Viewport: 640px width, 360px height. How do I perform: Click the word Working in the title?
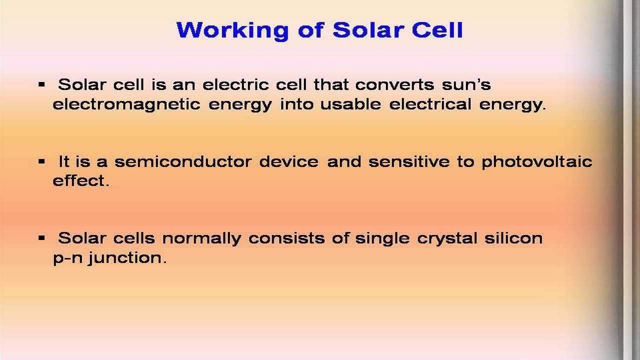[232, 30]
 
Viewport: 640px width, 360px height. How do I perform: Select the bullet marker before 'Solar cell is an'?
[41, 84]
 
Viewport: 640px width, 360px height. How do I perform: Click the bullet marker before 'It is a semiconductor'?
[41, 161]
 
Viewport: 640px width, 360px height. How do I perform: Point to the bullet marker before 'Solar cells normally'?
[41, 237]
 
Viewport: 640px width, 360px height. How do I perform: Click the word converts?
[395, 85]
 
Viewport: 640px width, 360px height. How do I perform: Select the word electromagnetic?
[126, 105]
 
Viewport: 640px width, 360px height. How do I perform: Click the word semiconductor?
[183, 161]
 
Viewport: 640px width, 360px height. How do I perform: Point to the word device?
[289, 161]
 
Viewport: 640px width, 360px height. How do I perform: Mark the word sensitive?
[409, 161]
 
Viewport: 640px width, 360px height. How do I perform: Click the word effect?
[81, 180]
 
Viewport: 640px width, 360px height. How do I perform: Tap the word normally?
[201, 239]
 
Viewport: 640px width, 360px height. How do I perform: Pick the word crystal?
[447, 239]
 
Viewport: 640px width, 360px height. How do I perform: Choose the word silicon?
[513, 238]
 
